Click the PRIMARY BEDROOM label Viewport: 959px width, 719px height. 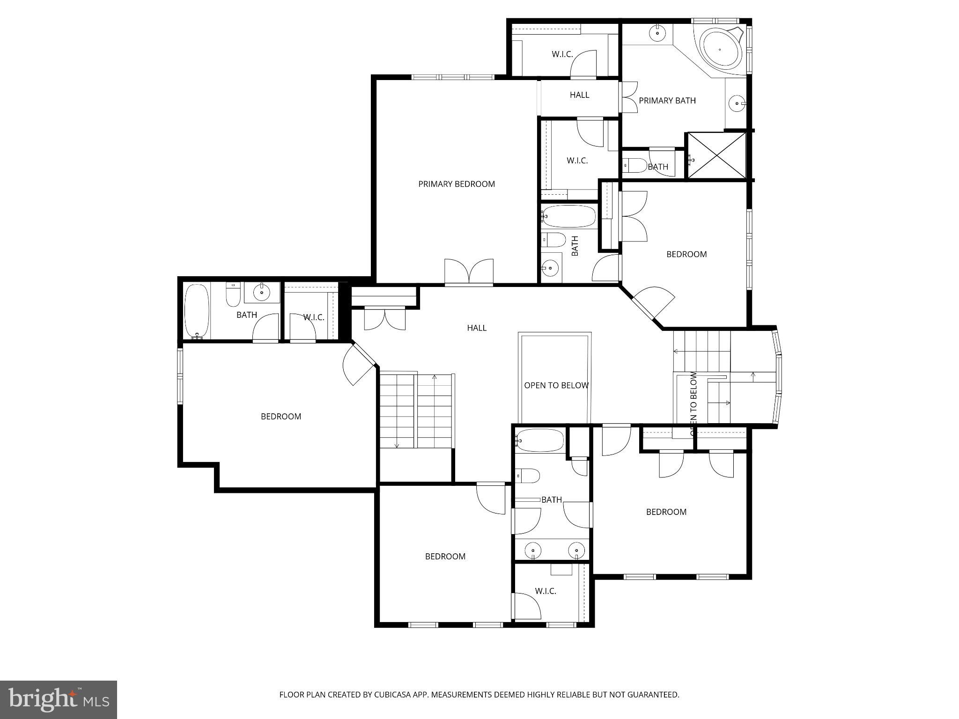[x=456, y=184]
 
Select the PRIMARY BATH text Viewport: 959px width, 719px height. [x=667, y=100]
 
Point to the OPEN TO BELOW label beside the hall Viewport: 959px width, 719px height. [x=556, y=385]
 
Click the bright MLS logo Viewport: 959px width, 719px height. [x=59, y=699]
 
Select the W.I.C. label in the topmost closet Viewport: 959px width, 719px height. [x=562, y=54]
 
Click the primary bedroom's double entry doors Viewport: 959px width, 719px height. [x=469, y=272]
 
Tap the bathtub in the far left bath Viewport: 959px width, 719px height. [x=197, y=311]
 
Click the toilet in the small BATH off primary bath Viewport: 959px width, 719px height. [x=634, y=165]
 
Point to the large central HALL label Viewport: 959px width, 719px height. [x=476, y=328]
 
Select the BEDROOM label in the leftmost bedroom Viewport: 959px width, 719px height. [x=280, y=416]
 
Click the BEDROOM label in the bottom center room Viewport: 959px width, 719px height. [x=445, y=556]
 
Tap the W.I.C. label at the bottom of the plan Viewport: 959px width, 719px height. [x=545, y=591]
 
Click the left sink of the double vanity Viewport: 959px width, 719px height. [x=533, y=550]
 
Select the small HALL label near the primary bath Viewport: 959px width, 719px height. [x=579, y=95]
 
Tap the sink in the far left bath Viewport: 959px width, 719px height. [x=261, y=293]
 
